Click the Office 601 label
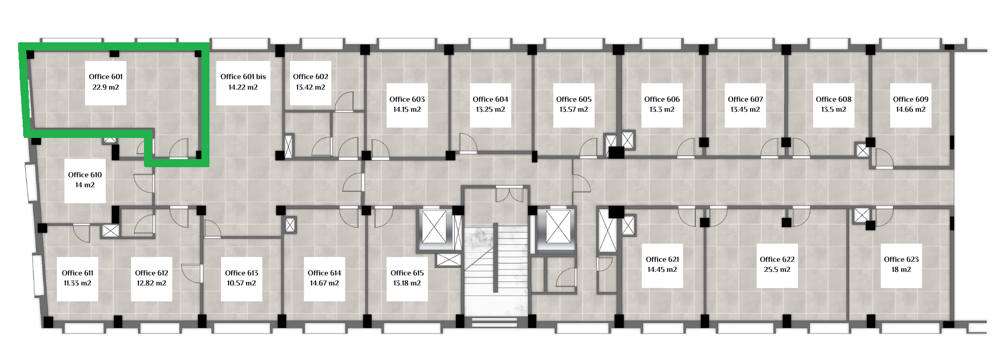point(106,77)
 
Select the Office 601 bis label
point(243,77)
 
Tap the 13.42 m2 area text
point(311,87)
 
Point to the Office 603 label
point(407,99)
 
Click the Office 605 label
point(574,99)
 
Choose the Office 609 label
point(911,99)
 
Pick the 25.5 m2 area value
point(777,269)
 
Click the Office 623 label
point(901,259)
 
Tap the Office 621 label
point(663,259)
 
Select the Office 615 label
point(407,273)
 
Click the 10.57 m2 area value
point(242,283)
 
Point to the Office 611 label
point(78,273)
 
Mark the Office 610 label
point(85,175)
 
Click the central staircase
point(496,272)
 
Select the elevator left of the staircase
point(434,227)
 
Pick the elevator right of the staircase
point(558,227)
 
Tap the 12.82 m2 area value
point(152,283)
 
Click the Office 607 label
point(745,99)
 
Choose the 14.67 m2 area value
point(325,283)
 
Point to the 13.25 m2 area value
point(490,109)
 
